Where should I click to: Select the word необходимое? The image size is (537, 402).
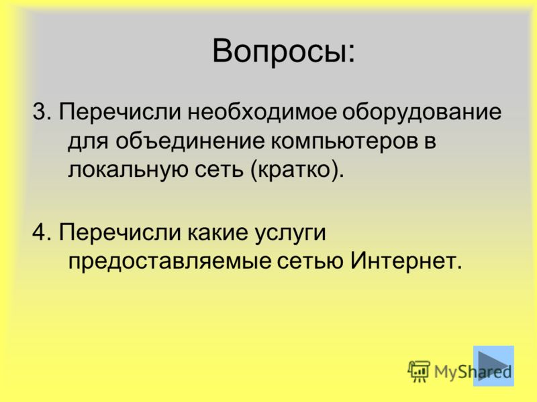[x=262, y=111]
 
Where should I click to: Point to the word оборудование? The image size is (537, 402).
[x=422, y=113]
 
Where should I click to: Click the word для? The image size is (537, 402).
[x=88, y=141]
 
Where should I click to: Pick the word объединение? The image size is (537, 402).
[x=190, y=140]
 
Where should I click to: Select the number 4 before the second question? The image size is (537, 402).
[x=39, y=232]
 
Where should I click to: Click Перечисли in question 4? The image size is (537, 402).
[x=120, y=232]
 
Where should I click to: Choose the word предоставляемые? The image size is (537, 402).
[x=170, y=263]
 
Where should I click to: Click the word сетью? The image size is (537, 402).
[x=311, y=261]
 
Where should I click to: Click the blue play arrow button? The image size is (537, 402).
[x=493, y=366]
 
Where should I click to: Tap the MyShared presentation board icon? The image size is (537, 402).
[x=419, y=371]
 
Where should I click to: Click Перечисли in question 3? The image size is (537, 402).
[x=120, y=113]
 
